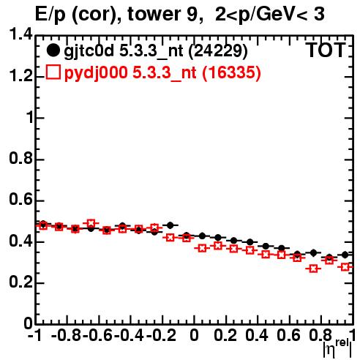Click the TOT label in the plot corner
click(326, 50)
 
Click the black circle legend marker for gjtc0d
click(53, 50)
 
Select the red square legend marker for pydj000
click(53, 72)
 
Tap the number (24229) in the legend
click(218, 51)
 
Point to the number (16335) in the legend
click(231, 72)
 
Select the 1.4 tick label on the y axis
click(20, 35)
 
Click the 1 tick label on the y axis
click(29, 118)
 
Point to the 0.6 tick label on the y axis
click(20, 200)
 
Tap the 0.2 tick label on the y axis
click(20, 282)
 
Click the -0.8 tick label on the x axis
click(66, 336)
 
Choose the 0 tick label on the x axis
click(194, 336)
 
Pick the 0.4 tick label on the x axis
click(257, 336)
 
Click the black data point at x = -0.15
click(170, 225)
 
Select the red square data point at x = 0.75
click(313, 269)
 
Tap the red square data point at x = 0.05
click(202, 249)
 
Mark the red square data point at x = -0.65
click(91, 223)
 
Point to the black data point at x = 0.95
click(345, 255)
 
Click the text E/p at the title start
click(50, 15)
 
